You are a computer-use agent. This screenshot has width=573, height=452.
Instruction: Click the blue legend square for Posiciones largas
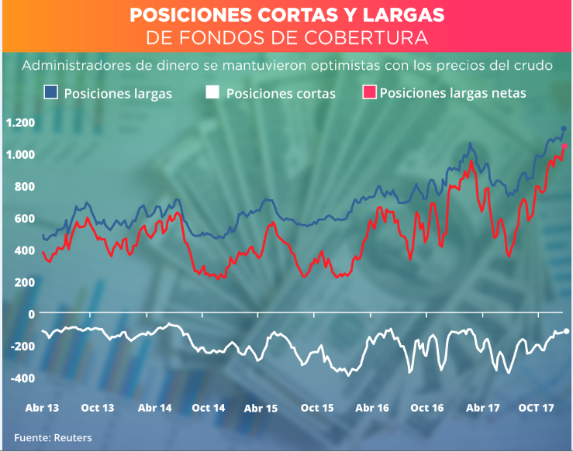pyautogui.click(x=52, y=93)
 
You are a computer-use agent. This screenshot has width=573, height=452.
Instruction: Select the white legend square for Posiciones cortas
pyautogui.click(x=213, y=93)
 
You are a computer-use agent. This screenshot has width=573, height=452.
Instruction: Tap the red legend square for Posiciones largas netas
pyautogui.click(x=369, y=93)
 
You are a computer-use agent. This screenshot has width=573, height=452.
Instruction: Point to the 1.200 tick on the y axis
pyautogui.click(x=20, y=122)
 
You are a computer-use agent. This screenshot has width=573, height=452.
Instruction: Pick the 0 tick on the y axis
pyautogui.click(x=32, y=313)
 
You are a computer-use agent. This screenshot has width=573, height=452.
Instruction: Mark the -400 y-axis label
pyautogui.click(x=23, y=378)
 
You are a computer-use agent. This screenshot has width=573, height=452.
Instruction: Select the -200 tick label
pyautogui.click(x=23, y=346)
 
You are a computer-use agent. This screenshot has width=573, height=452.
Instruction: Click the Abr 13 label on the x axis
pyautogui.click(x=44, y=408)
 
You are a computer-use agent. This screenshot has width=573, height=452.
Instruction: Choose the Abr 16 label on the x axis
pyautogui.click(x=372, y=408)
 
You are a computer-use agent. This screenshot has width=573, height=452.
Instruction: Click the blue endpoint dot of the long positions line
pyautogui.click(x=564, y=128)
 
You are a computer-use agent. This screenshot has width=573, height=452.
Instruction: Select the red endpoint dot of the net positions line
pyautogui.click(x=564, y=146)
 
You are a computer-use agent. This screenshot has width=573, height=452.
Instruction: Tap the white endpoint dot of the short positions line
pyautogui.click(x=566, y=331)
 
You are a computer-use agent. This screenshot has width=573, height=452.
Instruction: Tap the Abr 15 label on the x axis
pyautogui.click(x=261, y=408)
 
